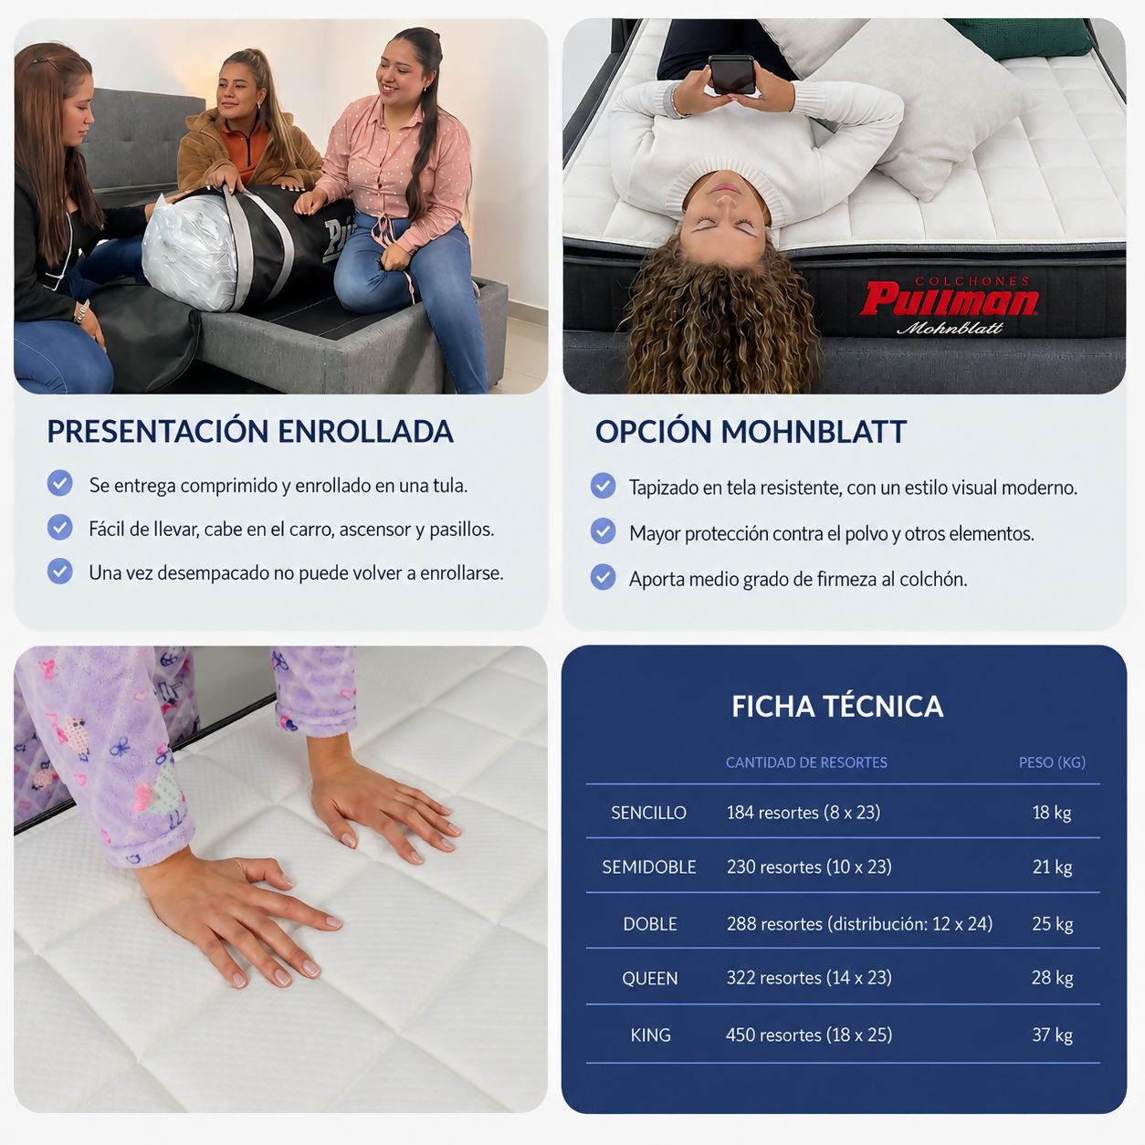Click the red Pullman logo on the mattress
click(949, 299)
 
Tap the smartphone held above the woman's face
click(732, 74)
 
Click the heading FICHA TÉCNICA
click(837, 707)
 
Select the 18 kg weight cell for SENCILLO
click(1052, 813)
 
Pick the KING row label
click(650, 1035)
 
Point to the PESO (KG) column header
click(1052, 762)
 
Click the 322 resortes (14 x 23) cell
click(809, 978)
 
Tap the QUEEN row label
click(649, 979)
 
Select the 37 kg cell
click(1052, 1035)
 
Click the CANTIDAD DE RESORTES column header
click(806, 762)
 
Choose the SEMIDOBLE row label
click(649, 867)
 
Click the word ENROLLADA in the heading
click(365, 431)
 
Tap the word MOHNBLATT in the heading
click(814, 432)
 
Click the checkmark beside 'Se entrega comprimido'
click(60, 483)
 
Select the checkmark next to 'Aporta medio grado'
click(604, 577)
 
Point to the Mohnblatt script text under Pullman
click(950, 328)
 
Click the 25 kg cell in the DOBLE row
click(1052, 924)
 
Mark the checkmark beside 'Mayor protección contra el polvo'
click(604, 531)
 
